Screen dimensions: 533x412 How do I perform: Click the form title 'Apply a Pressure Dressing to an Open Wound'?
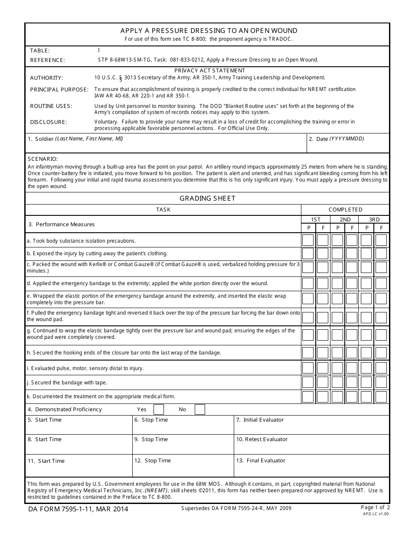point(209,31)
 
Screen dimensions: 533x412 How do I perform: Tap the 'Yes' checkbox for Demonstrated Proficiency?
point(159,409)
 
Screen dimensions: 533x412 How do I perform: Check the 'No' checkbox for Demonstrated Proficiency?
point(199,409)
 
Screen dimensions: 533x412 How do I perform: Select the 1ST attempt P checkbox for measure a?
point(308,240)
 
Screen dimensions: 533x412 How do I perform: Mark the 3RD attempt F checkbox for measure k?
point(381,396)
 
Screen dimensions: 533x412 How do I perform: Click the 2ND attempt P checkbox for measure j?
point(337,382)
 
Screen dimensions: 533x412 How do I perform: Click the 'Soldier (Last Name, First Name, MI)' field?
point(165,144)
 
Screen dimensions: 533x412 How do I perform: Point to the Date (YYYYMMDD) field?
point(348,144)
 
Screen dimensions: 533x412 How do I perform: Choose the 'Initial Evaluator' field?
point(311,425)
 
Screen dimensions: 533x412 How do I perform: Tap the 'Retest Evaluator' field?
point(311,445)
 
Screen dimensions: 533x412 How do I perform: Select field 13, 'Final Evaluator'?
point(311,466)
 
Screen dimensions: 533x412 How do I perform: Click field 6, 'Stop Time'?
point(182,425)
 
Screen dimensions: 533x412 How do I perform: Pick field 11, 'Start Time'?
point(78,466)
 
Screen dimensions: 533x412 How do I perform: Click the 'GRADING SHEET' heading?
point(207,198)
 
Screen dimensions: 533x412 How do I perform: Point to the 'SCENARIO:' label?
point(43,159)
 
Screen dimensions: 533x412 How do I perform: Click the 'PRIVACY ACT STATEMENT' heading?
point(209,70)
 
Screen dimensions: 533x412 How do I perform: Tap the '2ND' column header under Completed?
point(345,220)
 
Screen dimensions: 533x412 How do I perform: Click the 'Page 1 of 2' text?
point(375,507)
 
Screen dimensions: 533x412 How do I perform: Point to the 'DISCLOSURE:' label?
point(49,122)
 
